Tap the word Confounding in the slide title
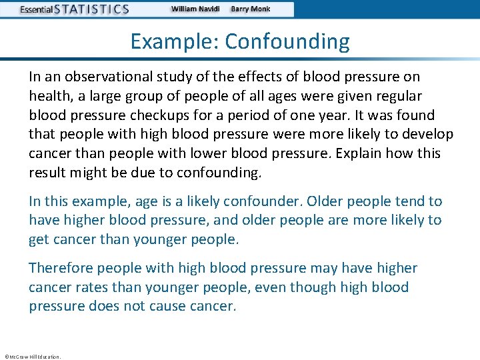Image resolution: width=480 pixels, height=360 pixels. [x=287, y=41]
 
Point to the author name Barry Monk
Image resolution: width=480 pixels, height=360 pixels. [x=251, y=9]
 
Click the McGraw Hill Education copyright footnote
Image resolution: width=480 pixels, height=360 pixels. [x=33, y=357]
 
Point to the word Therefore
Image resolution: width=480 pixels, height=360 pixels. [x=61, y=268]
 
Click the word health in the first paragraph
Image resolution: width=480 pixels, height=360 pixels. [x=48, y=96]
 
